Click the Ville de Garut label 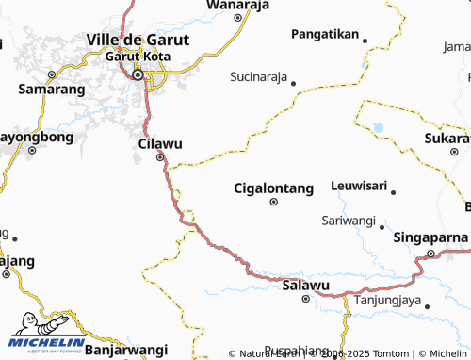click(x=137, y=40)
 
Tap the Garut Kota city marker click(x=138, y=75)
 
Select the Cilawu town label click(x=159, y=143)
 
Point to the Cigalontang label click(x=273, y=188)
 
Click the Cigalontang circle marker click(x=274, y=202)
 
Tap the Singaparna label click(x=430, y=237)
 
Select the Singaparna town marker click(x=430, y=253)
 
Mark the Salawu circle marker click(x=306, y=299)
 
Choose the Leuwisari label click(x=359, y=186)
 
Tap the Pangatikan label click(x=325, y=34)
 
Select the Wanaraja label click(x=237, y=5)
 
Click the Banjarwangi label click(x=125, y=350)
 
